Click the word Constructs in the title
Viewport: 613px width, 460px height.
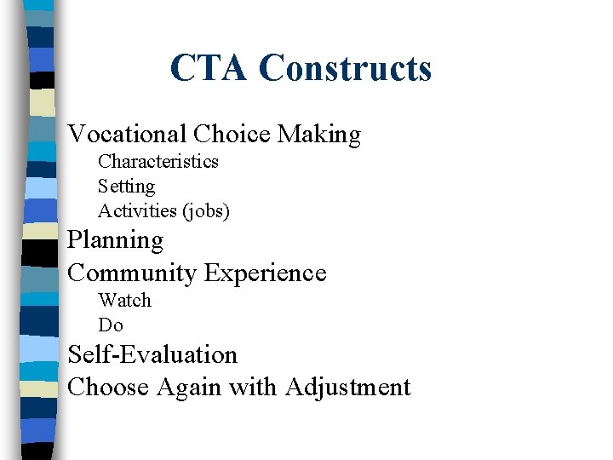click(345, 68)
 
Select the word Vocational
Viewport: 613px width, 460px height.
click(127, 134)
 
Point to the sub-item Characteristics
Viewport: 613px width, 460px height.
click(158, 161)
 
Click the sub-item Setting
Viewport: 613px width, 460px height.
click(127, 186)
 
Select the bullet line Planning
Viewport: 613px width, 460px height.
click(116, 241)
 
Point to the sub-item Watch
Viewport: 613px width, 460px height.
click(124, 300)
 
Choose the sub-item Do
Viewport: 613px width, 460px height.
click(111, 325)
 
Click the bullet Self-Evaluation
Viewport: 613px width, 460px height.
click(152, 354)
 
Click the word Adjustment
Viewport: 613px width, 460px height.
click(348, 388)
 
